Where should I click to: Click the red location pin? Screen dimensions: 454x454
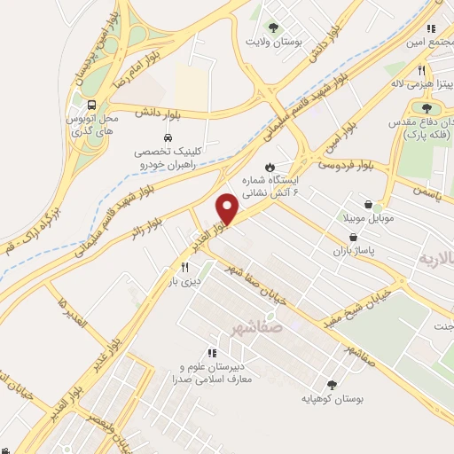pyautogui.click(x=228, y=209)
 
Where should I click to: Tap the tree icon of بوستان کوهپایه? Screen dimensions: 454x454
pyautogui.click(x=333, y=384)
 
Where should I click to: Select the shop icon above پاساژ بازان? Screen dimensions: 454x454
pyautogui.click(x=356, y=239)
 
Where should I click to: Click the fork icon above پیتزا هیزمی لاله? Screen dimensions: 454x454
pyautogui.click(x=423, y=70)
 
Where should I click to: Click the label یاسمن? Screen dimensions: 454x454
pyautogui.click(x=427, y=189)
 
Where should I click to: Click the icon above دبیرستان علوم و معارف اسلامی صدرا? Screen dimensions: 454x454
pyautogui.click(x=211, y=353)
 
